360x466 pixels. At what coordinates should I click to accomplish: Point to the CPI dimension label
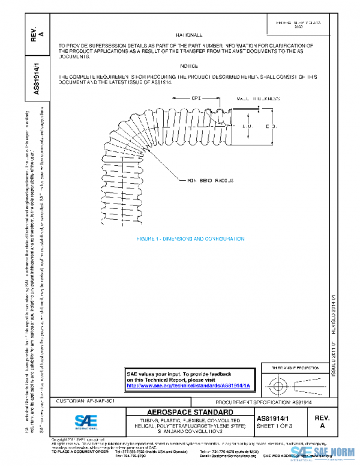point(196,97)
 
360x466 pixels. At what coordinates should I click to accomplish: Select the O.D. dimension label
point(272,127)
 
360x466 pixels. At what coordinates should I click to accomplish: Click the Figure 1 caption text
point(190,238)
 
